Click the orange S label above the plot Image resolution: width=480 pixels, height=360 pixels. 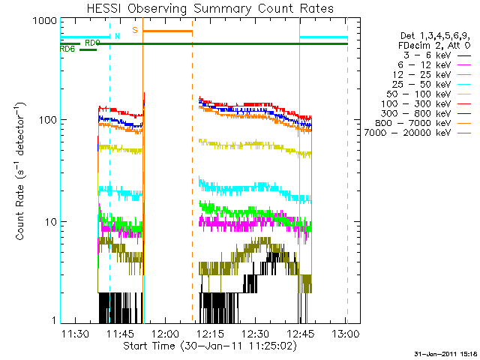135,30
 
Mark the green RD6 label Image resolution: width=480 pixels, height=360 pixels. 67,49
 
